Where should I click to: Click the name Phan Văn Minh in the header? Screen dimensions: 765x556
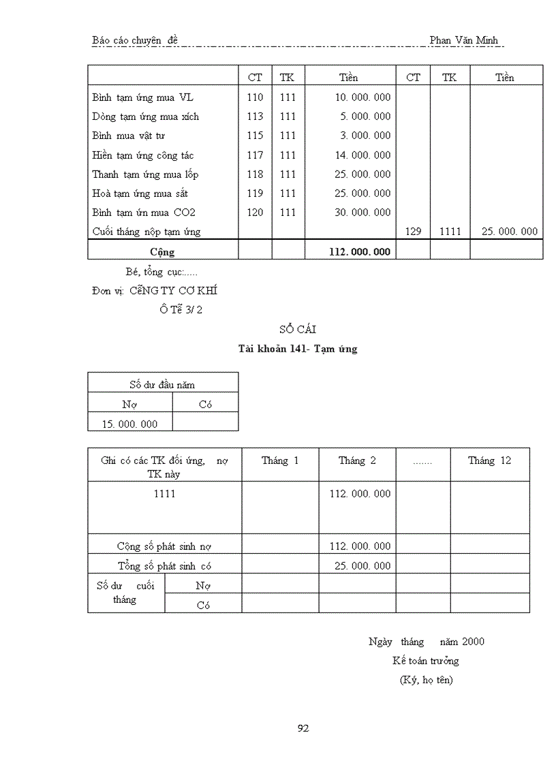463,40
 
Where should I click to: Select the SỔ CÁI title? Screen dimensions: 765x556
298,330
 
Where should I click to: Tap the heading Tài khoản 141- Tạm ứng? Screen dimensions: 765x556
298,349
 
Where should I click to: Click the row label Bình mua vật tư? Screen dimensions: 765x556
129,136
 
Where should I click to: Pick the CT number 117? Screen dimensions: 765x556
255,155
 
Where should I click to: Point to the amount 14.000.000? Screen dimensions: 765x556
362,155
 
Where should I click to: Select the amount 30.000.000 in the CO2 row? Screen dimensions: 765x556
362,213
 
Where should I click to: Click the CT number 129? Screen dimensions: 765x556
413,232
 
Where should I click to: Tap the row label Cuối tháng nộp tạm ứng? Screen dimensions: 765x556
146,232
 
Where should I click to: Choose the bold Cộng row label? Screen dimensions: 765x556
162,251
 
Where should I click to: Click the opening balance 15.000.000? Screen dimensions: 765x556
129,424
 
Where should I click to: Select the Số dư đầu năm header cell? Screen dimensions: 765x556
162,385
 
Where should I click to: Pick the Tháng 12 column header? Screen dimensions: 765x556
489,460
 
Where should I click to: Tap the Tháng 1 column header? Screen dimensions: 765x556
280,460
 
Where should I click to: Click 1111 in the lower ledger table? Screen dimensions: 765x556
164,493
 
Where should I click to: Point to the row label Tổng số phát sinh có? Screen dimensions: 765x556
169,565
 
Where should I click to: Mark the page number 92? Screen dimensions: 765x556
304,728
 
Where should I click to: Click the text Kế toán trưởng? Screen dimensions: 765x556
425,660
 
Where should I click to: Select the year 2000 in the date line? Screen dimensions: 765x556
473,641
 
